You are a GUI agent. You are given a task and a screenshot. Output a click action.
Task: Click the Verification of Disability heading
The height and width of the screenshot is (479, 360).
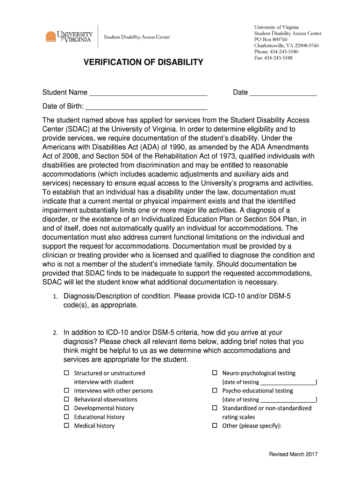(x=144, y=62)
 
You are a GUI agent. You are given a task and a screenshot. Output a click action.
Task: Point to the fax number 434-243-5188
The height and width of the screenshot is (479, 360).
(x=274, y=58)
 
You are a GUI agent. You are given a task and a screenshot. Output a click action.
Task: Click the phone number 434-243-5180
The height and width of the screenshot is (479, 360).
(x=276, y=51)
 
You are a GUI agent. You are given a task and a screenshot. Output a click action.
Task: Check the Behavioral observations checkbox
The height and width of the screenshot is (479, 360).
(x=66, y=399)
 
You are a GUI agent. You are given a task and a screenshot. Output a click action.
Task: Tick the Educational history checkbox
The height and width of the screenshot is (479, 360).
(x=66, y=417)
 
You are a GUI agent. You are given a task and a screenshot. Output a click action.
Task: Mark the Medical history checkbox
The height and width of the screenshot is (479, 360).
(x=66, y=426)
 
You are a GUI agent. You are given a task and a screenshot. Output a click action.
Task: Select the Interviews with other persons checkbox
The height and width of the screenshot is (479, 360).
(x=66, y=391)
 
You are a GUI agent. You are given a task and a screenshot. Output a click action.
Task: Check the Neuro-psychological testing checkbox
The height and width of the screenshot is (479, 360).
(x=215, y=373)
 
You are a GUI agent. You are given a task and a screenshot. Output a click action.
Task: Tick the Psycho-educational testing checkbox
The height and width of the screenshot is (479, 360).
(x=215, y=391)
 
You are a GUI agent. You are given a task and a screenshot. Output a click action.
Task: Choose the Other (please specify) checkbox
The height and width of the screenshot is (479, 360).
(x=215, y=426)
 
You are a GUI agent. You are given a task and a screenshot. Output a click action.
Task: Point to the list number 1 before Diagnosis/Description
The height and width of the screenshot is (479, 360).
(x=55, y=297)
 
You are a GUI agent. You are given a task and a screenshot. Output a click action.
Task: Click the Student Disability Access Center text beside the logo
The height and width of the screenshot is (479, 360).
(x=137, y=37)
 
